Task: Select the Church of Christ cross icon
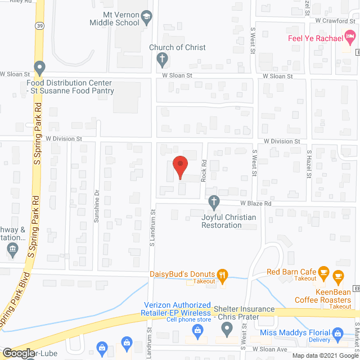(x=162, y=58)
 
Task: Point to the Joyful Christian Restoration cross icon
(x=214, y=201)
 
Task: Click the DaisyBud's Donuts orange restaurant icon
(x=223, y=275)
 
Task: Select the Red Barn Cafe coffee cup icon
(x=323, y=272)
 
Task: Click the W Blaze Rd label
(x=256, y=204)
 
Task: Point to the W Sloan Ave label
(x=269, y=349)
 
